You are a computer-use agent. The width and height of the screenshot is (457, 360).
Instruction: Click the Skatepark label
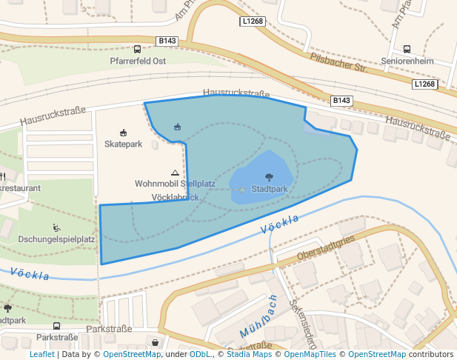pos(123,144)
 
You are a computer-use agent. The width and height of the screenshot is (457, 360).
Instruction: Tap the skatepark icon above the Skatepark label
pos(123,132)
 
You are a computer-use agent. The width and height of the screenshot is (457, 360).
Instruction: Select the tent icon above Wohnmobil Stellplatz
pos(175,172)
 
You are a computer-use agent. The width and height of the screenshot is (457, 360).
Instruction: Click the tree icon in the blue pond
pos(269,177)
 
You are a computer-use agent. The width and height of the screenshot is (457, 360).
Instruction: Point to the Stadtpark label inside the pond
pos(269,189)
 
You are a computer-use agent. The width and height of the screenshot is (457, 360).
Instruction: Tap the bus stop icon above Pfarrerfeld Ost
pos(137,49)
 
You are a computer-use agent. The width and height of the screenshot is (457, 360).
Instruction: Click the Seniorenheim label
pos(407,61)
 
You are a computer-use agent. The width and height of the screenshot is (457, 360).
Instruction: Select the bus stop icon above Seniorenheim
pos(407,50)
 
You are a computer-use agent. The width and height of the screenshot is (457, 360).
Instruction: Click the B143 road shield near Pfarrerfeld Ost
pos(167,41)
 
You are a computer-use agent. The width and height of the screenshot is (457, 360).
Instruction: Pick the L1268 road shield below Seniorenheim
pos(424,84)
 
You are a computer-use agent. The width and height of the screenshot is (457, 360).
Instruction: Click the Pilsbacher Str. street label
pos(339,62)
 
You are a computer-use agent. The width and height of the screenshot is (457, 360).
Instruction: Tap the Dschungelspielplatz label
pos(56,239)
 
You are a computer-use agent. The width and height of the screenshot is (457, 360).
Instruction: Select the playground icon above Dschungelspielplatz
pos(56,227)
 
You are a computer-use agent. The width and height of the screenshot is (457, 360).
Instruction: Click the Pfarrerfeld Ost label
pos(137,61)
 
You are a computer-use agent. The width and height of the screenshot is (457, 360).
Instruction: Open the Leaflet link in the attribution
pos(41,355)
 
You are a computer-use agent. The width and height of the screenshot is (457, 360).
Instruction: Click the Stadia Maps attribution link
pos(249,355)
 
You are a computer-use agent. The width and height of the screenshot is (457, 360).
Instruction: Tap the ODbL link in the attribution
pos(200,355)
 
